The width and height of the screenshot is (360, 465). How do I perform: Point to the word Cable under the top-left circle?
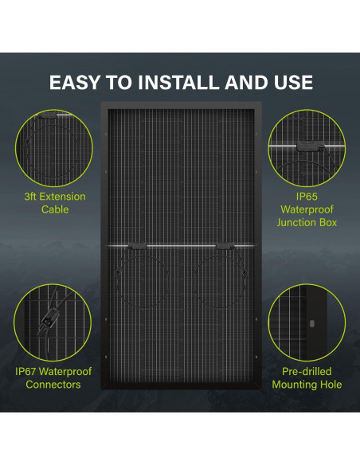point(54,209)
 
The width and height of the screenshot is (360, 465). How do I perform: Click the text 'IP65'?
point(307,197)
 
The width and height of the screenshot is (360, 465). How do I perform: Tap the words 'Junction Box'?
point(307,223)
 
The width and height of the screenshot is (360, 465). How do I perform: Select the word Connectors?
point(53,385)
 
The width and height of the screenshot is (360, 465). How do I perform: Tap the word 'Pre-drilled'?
point(307,372)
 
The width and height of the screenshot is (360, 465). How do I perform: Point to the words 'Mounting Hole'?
point(307,385)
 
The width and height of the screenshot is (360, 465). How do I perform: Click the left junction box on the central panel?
point(138,245)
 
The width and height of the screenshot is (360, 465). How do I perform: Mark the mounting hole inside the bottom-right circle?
point(311,324)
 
